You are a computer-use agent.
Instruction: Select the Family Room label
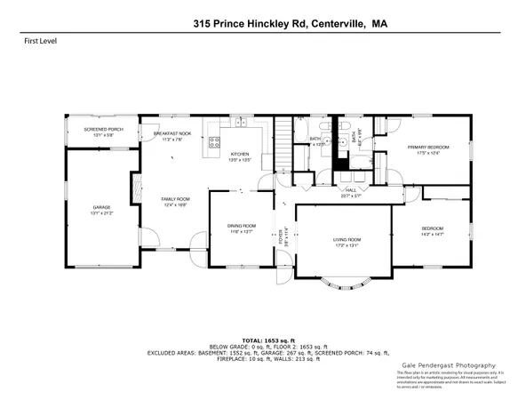(x=174, y=198)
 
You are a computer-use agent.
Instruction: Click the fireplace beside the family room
(x=136, y=188)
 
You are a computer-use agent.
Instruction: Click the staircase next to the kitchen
(x=283, y=142)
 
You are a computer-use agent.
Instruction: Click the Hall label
(x=352, y=191)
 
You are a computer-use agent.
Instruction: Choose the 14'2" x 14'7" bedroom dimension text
(x=433, y=233)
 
